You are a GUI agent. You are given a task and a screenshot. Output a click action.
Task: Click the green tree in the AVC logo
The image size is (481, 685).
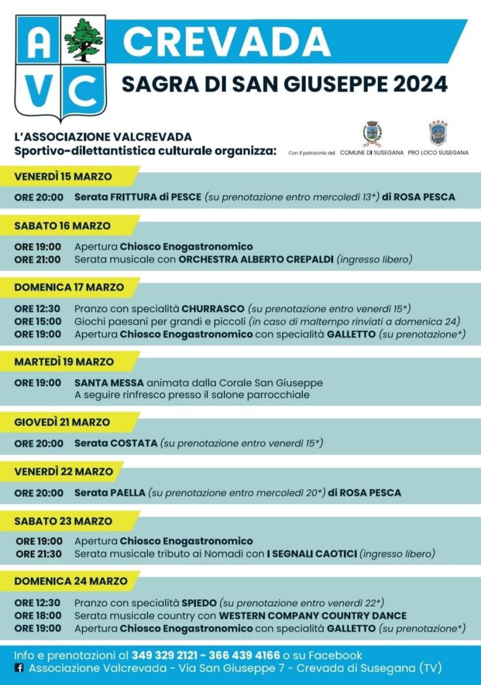point(84,40)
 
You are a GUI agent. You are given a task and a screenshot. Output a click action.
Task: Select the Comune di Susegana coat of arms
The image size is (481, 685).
point(372,134)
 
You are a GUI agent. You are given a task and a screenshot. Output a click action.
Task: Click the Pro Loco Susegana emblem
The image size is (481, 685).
point(438,134)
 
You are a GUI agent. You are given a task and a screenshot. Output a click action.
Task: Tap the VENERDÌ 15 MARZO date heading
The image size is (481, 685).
point(63,176)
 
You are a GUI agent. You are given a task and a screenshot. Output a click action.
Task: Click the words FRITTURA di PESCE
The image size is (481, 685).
point(153,197)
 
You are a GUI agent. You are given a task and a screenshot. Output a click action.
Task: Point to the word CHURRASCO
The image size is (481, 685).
point(213,309)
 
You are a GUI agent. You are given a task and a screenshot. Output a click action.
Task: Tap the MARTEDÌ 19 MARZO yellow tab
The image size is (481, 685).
point(64,362)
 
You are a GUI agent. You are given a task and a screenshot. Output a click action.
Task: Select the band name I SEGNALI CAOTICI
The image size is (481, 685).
point(312,554)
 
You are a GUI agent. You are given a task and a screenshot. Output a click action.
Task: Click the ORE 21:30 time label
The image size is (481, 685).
point(39,554)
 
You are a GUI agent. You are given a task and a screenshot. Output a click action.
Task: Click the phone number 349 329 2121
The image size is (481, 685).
point(165,655)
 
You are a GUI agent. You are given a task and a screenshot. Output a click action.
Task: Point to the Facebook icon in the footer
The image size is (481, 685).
point(19,668)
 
